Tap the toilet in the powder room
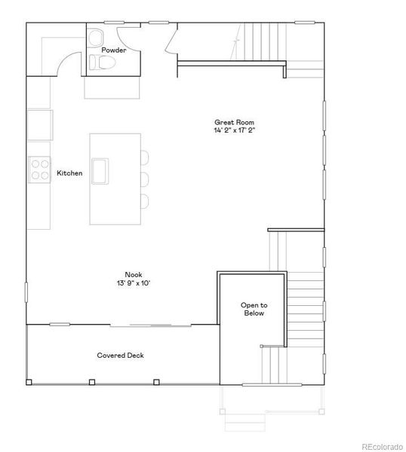click(103, 63)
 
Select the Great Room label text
click(234, 122)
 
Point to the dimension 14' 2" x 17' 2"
click(234, 130)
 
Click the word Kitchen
click(69, 173)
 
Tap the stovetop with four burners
click(38, 169)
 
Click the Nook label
click(134, 275)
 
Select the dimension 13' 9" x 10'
click(134, 283)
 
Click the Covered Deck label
click(120, 356)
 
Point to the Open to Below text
click(254, 309)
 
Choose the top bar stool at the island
click(144, 157)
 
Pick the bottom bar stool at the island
click(144, 200)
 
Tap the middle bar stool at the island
click(144, 179)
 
